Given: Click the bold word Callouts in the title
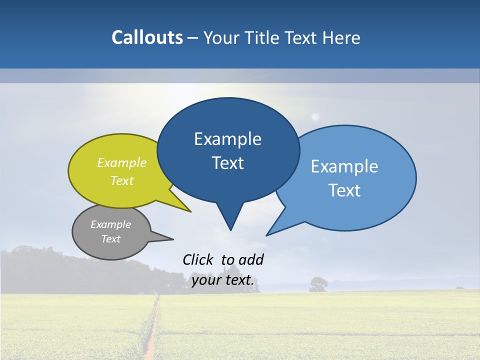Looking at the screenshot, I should click(x=147, y=37).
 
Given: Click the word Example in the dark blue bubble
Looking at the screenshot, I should click(x=227, y=139).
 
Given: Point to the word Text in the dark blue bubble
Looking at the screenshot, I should click(x=227, y=163).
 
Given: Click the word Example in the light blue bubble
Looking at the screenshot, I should click(x=344, y=166).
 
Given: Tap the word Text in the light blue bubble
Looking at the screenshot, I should click(x=344, y=190).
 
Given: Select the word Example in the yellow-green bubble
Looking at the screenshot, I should click(x=122, y=162).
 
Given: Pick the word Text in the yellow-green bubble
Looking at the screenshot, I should click(x=122, y=180).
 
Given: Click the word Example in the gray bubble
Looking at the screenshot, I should click(x=110, y=224).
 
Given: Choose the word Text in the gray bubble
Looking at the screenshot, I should click(x=110, y=239).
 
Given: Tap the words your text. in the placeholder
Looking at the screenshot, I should click(x=223, y=280).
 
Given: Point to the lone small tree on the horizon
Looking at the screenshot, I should click(x=318, y=284).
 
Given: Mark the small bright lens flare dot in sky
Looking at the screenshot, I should click(x=315, y=117).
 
